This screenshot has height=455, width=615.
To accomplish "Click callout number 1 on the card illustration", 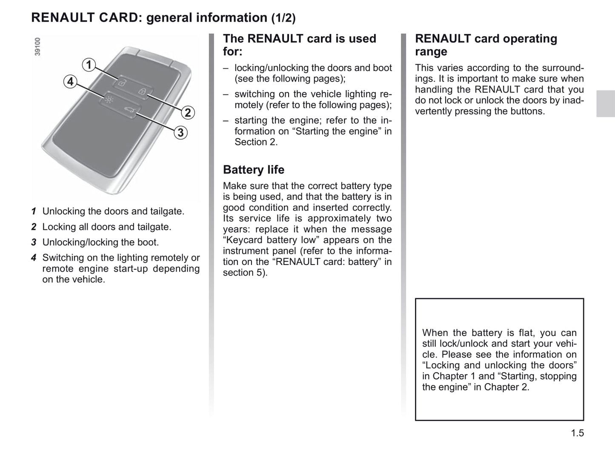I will point(89,65).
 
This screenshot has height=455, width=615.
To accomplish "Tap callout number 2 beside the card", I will point(187,113).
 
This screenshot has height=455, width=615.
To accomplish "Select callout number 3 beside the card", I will point(180,133).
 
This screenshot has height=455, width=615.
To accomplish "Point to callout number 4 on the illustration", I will point(70,81).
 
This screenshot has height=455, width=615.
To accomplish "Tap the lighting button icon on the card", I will point(109,100).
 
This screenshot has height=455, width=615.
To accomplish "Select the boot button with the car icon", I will point(129,111).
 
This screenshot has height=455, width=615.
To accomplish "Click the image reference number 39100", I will point(37,46).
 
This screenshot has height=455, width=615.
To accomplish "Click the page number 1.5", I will point(577,433).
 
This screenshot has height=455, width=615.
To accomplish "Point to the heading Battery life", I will point(254,170).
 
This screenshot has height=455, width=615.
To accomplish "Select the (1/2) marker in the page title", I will point(283,18).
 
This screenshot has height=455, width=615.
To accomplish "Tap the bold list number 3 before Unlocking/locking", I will point(34,242).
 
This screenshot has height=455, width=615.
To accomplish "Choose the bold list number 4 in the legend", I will point(34,258).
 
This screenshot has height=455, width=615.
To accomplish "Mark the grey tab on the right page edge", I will point(605,103).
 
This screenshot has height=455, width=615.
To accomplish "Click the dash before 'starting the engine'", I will point(226,121).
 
